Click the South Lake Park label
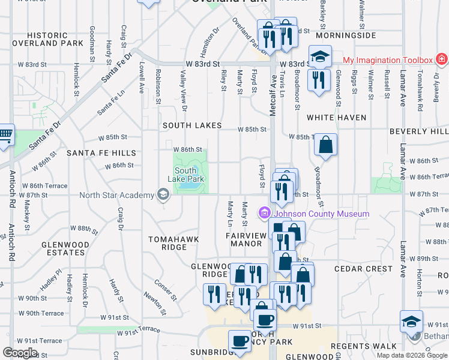click(x=190, y=175)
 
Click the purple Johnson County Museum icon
click(x=265, y=212)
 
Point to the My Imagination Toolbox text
click(x=388, y=60)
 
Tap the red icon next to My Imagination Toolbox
click(x=441, y=59)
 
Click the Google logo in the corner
click(x=19, y=353)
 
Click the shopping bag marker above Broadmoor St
click(x=325, y=145)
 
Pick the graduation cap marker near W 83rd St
click(x=320, y=56)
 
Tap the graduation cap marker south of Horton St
click(x=411, y=321)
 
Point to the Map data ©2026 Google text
click(x=412, y=355)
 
